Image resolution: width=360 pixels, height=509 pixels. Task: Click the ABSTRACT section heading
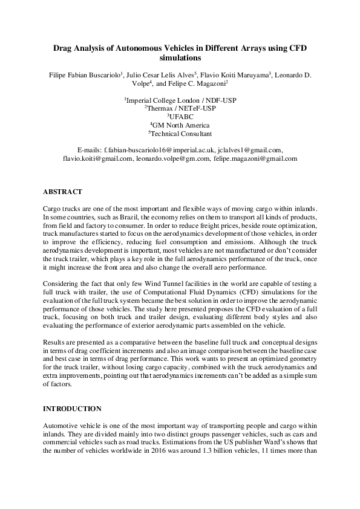pos(62,192)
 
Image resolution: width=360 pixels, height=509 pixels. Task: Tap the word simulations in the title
pos(180,59)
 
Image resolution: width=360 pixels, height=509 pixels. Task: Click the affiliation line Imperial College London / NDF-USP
pos(180,99)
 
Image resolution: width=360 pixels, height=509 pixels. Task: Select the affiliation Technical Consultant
pos(180,133)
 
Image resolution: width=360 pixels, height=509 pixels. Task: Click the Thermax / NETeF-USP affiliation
pos(180,108)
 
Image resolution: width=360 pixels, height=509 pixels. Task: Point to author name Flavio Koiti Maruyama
pos(234,76)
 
